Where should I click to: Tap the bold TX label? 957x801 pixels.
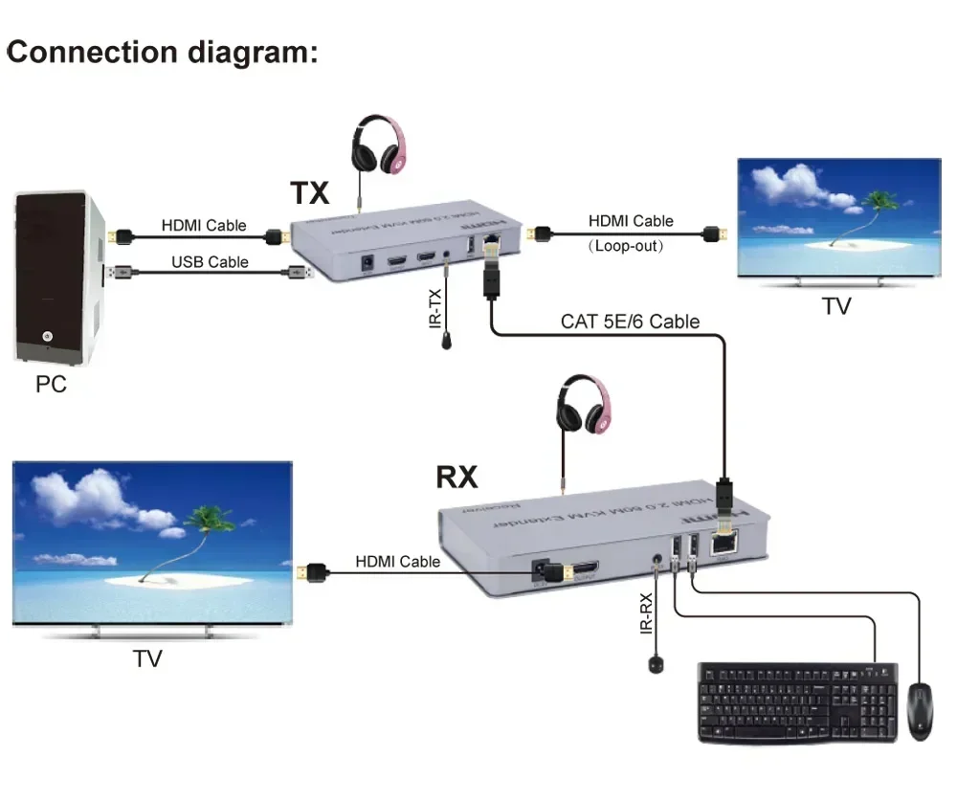[309, 193]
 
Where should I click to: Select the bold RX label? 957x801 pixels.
[456, 476]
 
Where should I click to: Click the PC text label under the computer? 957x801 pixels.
[51, 386]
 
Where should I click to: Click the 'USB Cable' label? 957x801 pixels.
[210, 261]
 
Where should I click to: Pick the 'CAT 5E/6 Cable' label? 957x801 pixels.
[630, 321]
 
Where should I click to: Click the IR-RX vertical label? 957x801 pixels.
[648, 613]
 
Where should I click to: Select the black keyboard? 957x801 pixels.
[797, 702]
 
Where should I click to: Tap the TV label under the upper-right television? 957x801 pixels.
[835, 306]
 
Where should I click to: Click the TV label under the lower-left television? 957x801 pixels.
[147, 658]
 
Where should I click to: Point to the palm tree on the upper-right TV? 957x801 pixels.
[876, 206]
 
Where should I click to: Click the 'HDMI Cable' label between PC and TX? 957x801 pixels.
[203, 226]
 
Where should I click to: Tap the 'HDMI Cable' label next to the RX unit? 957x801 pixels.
[398, 562]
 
